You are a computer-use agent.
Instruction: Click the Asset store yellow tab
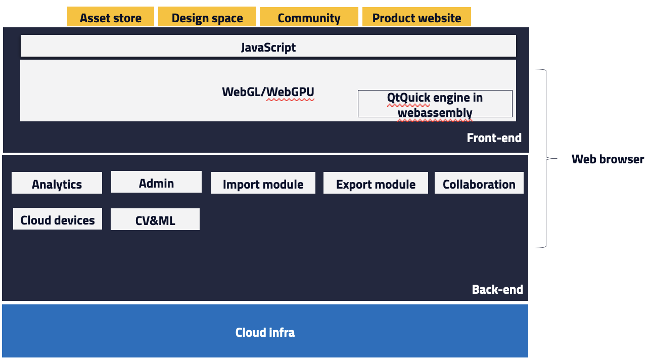pyautogui.click(x=111, y=17)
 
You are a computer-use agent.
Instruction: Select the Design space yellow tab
pyautogui.click(x=207, y=17)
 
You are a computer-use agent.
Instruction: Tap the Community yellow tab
pyautogui.click(x=309, y=17)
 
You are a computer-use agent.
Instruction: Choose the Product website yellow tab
pyautogui.click(x=416, y=17)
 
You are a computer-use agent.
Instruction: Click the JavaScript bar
pyautogui.click(x=268, y=46)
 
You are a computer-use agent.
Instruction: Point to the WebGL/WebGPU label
pyautogui.click(x=268, y=92)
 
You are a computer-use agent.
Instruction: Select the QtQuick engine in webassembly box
pyautogui.click(x=435, y=104)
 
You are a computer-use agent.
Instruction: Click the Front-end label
pyautogui.click(x=494, y=138)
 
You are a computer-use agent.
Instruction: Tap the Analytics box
pyautogui.click(x=57, y=183)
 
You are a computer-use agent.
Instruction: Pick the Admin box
pyautogui.click(x=156, y=182)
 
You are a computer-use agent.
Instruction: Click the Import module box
pyautogui.click(x=263, y=183)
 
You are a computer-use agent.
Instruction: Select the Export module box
pyautogui.click(x=376, y=183)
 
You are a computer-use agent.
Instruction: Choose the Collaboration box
pyautogui.click(x=479, y=183)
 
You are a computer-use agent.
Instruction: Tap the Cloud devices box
pyautogui.click(x=58, y=218)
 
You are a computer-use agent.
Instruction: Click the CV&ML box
pyautogui.click(x=155, y=219)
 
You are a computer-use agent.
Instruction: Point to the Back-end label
pyautogui.click(x=497, y=289)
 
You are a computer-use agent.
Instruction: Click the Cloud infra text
pyautogui.click(x=265, y=332)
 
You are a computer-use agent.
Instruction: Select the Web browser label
pyautogui.click(x=608, y=159)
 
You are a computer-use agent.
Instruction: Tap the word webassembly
pyautogui.click(x=435, y=113)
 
